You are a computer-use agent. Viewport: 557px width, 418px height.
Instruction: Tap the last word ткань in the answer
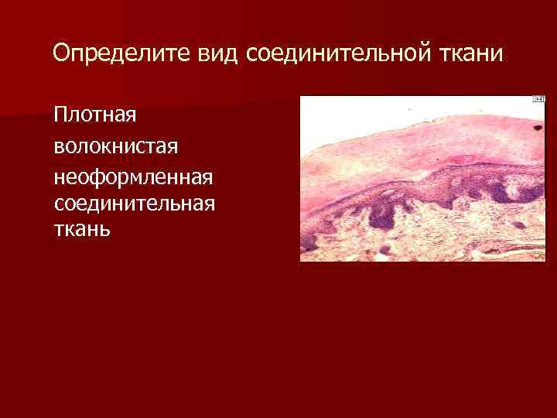tap(83, 230)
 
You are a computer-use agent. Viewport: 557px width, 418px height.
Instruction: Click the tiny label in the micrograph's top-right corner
tap(539, 100)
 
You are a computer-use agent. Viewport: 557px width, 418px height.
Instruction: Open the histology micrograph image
tap(422, 178)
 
